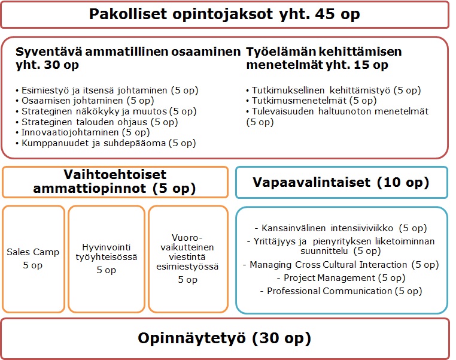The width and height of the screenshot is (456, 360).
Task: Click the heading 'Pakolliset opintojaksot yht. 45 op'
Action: coord(224,14)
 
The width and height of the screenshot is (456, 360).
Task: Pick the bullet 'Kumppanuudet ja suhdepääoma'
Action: coord(105,143)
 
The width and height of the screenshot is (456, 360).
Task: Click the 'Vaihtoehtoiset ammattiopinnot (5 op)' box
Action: coord(115,182)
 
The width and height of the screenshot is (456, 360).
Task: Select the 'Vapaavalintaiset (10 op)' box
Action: coord(341,182)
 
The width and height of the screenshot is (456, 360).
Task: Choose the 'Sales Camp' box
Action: coord(33,258)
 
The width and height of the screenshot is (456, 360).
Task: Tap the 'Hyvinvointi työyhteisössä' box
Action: coord(107,258)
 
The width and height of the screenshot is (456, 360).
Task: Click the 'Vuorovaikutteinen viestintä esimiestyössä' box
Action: coord(187,258)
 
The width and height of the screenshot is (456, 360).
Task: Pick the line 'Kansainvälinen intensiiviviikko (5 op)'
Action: coord(341,228)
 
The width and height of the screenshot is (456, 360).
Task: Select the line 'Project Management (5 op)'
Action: coord(341,278)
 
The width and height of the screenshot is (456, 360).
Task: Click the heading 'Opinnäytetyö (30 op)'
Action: coord(224,338)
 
